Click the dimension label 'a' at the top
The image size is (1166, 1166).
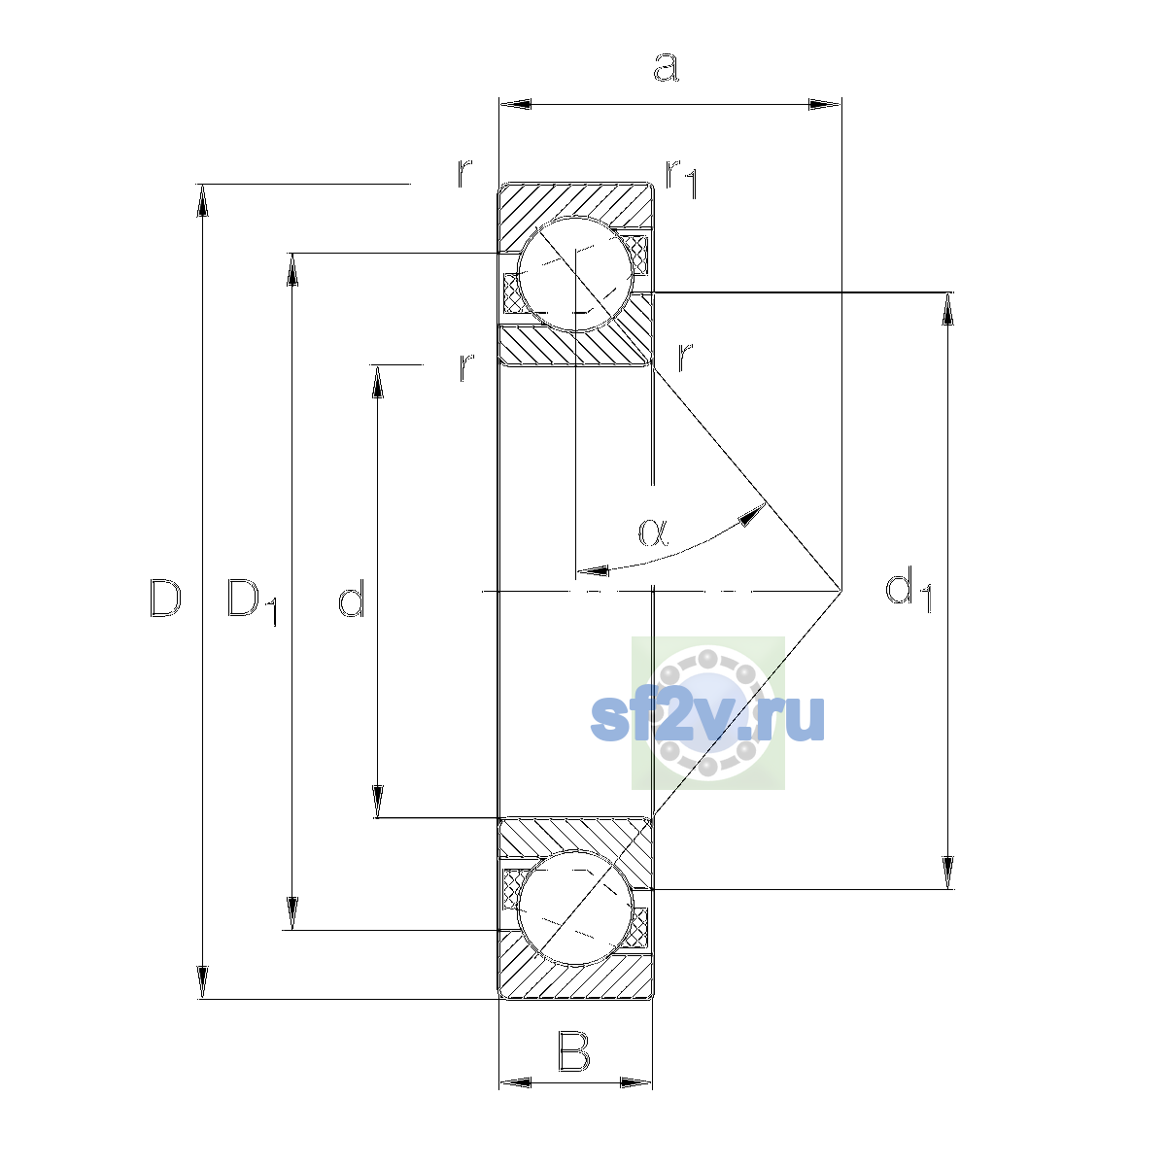667,67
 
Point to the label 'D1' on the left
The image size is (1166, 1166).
252,602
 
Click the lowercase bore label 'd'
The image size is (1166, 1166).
352,598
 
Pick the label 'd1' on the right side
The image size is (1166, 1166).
909,589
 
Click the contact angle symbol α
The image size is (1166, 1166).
654,532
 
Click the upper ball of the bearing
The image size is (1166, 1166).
575,274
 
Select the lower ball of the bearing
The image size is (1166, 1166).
575,908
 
